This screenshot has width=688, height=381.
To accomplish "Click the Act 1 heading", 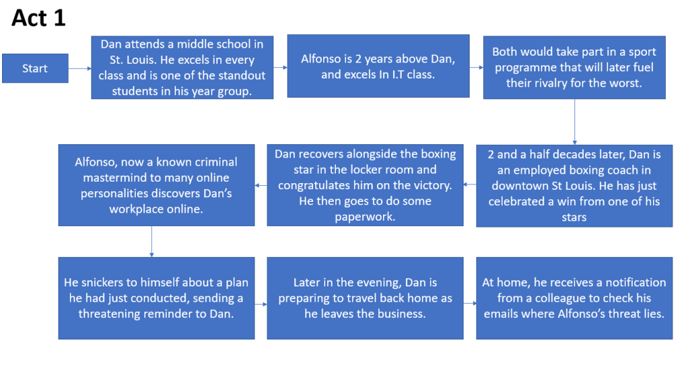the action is point(38,18).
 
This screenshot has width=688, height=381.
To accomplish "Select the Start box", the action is point(35,68).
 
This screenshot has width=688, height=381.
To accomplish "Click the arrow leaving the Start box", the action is point(80,68).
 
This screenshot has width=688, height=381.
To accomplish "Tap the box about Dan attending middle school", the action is point(182,68).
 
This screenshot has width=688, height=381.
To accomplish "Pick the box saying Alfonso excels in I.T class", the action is point(378,66).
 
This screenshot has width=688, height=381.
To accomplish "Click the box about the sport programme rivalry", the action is point(574,68).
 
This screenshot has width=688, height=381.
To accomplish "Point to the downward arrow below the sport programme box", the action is point(575,121).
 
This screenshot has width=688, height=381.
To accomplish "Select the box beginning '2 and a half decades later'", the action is point(574,186).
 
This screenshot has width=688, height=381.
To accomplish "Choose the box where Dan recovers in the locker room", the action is point(365,185).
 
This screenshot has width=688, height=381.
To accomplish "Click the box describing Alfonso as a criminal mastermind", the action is point(156,185).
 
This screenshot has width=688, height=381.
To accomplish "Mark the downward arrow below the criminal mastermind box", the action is point(152,241).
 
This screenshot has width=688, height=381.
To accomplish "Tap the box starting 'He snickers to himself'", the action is point(156,298).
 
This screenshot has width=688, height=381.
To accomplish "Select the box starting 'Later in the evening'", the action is point(365,298).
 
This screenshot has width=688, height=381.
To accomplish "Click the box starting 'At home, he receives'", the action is point(574,298).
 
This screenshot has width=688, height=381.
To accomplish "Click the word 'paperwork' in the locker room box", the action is point(363,217).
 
